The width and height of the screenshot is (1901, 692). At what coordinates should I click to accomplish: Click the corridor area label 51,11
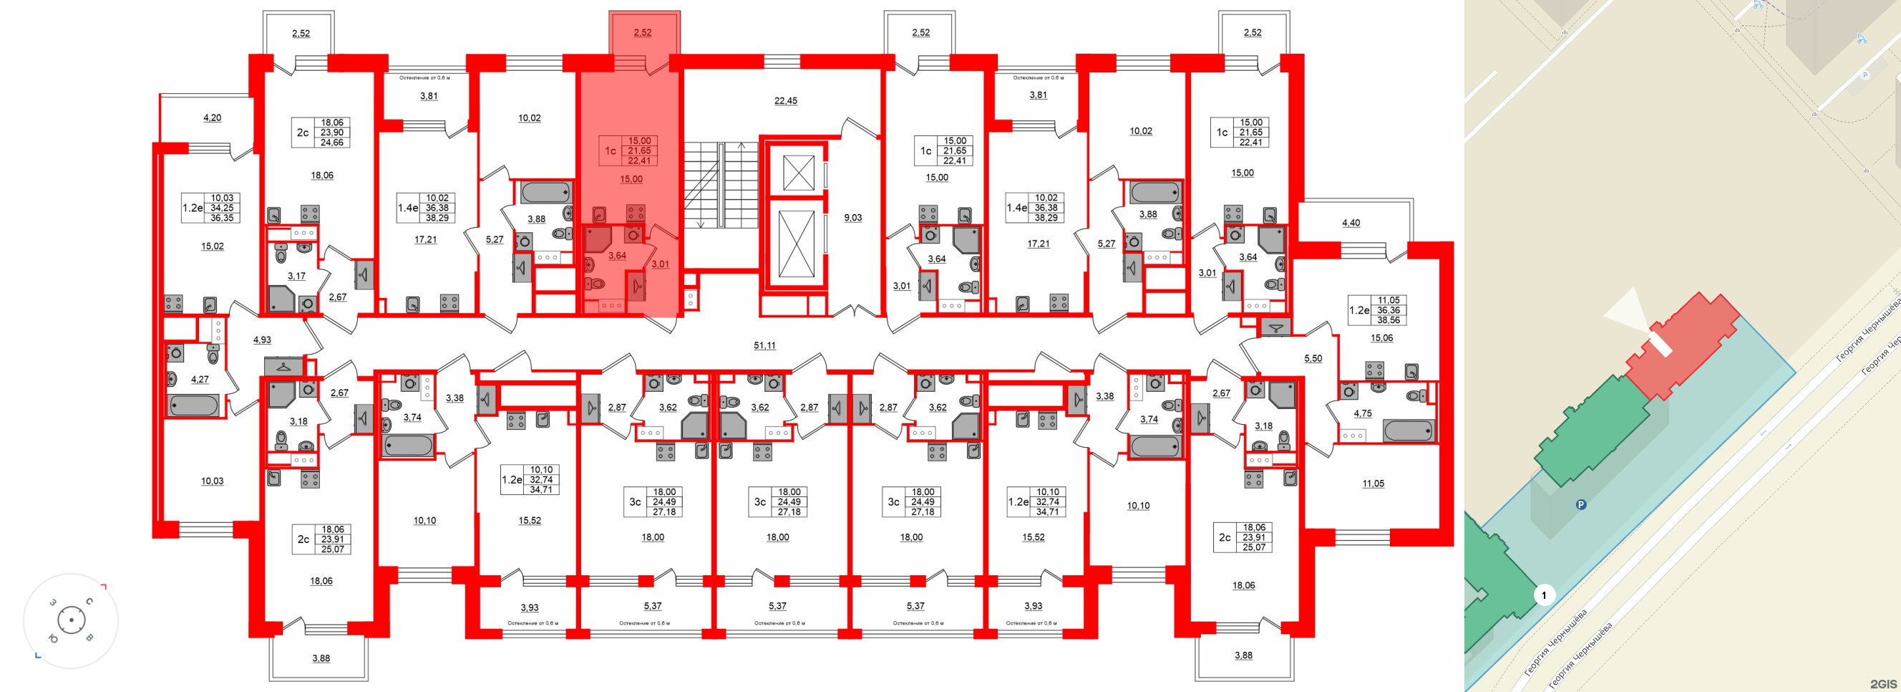[764, 345]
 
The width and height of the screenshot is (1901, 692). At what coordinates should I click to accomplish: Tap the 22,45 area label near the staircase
[785, 100]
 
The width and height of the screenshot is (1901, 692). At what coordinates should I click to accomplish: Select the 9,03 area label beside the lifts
[852, 217]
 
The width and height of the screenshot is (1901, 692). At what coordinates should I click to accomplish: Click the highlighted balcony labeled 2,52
[643, 32]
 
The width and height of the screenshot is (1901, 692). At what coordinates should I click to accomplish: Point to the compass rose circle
[71, 620]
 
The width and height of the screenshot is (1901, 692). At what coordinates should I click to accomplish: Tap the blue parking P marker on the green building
[1581, 505]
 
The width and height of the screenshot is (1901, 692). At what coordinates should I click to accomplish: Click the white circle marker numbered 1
[1543, 595]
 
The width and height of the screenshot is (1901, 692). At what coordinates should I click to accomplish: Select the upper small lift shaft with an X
[797, 173]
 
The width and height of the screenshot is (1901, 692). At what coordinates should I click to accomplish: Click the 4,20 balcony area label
[212, 117]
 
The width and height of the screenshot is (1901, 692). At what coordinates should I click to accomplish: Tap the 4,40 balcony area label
[1351, 222]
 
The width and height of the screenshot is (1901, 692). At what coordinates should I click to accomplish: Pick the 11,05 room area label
[1373, 483]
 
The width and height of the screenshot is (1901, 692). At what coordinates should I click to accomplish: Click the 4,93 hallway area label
[262, 340]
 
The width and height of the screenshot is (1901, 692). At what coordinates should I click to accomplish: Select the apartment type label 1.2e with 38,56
[1358, 310]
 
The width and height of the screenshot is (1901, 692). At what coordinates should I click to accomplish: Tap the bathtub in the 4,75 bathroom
[1408, 430]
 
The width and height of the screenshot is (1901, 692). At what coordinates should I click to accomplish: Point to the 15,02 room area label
[213, 246]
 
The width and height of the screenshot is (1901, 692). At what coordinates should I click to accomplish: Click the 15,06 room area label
[1381, 337]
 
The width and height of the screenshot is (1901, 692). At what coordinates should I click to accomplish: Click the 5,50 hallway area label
[1313, 358]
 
